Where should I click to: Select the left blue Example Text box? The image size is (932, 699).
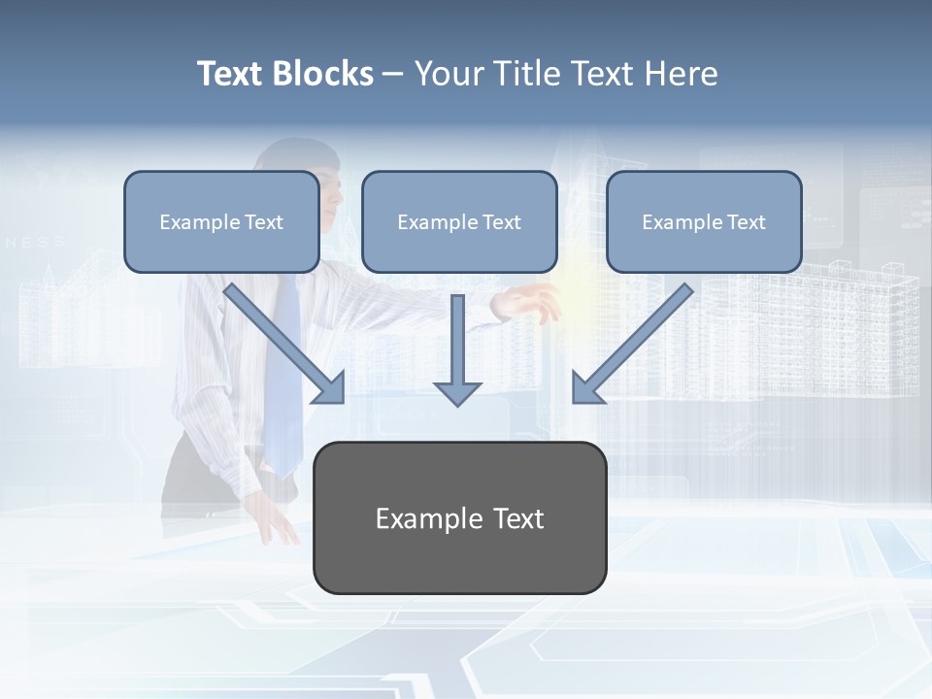(x=221, y=221)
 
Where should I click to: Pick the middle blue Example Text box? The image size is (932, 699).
(x=459, y=221)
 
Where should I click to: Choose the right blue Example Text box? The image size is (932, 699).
(x=704, y=221)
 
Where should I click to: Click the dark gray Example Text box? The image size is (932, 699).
(x=459, y=517)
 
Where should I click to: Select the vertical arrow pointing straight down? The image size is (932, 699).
(x=457, y=349)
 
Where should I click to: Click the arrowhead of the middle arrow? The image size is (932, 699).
(x=457, y=392)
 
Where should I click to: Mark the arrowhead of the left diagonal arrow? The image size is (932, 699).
(x=329, y=387)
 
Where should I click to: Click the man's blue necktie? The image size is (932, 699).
(x=284, y=379)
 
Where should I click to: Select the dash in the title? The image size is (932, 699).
(x=393, y=75)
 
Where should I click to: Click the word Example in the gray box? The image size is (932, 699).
(x=416, y=518)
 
